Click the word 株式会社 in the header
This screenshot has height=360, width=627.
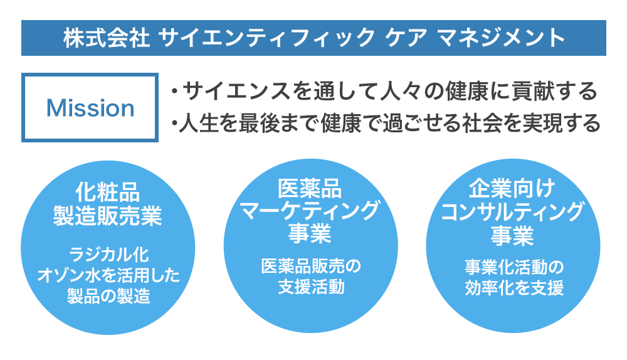click(107, 38)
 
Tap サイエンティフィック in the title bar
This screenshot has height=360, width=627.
click(266, 38)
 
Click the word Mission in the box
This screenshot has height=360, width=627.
click(90, 108)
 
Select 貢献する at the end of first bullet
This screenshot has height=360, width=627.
click(556, 91)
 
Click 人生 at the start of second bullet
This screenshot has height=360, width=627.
click(198, 123)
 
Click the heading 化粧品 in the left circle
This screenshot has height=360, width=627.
click(108, 192)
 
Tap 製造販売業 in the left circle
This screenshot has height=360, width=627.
click(108, 216)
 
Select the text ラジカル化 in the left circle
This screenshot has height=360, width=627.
click(108, 255)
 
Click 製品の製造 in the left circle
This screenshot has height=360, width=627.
click(108, 296)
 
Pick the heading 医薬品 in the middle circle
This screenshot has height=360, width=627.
click(310, 188)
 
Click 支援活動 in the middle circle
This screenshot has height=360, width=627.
click(311, 287)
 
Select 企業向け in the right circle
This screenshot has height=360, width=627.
click(512, 188)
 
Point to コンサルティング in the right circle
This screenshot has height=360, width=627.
click(512, 212)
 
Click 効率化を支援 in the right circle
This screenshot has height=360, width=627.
click(514, 288)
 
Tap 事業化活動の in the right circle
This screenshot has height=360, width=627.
click(514, 267)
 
